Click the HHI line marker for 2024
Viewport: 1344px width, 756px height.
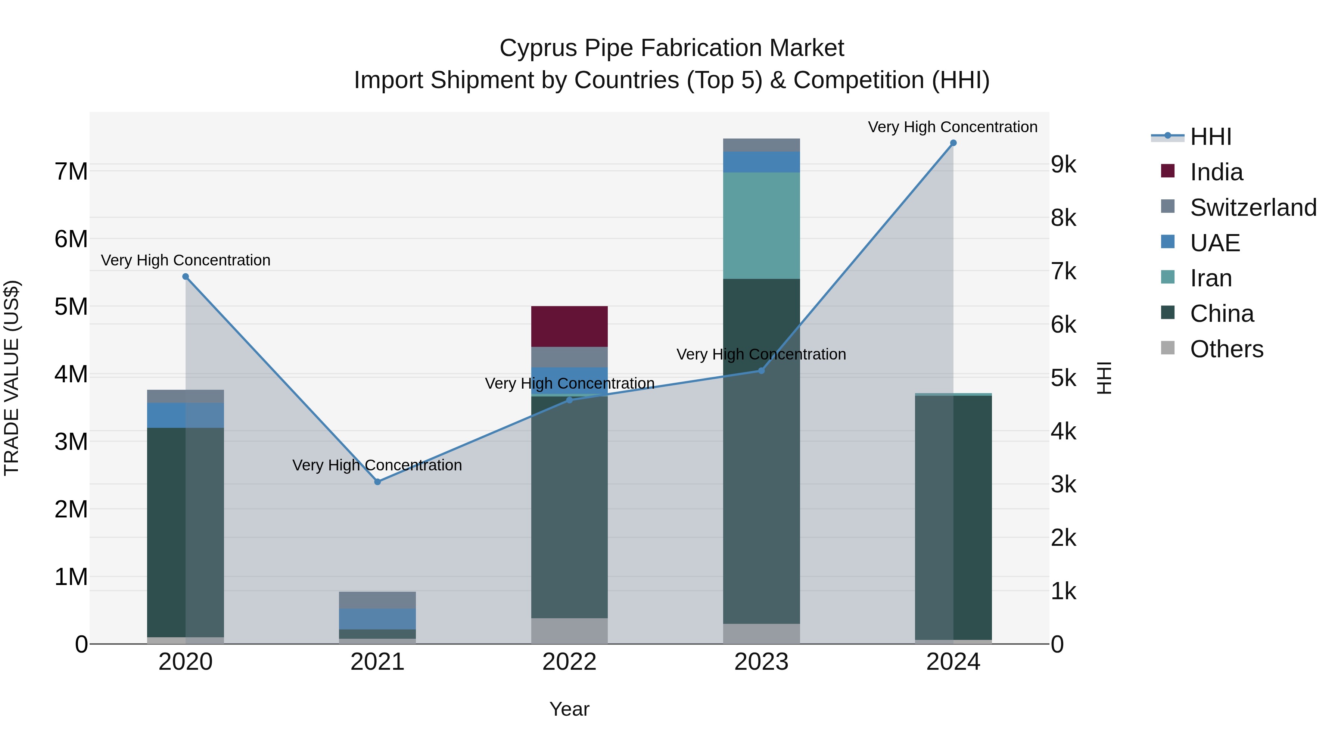pyautogui.click(x=953, y=143)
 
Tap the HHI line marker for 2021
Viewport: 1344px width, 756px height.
pyautogui.click(x=378, y=482)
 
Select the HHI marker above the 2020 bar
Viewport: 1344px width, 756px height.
pyautogui.click(x=186, y=277)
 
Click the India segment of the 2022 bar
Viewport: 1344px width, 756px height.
pyautogui.click(x=569, y=327)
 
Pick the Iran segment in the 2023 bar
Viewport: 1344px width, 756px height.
pyautogui.click(x=761, y=226)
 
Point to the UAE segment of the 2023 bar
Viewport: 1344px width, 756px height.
pyautogui.click(x=761, y=162)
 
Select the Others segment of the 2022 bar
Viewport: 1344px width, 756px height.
pyautogui.click(x=569, y=631)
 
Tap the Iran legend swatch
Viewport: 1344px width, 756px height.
pyautogui.click(x=1168, y=277)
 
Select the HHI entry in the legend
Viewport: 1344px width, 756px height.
pyautogui.click(x=1192, y=137)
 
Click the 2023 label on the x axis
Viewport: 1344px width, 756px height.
pyautogui.click(x=761, y=662)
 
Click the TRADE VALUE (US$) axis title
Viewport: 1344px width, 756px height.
pyautogui.click(x=12, y=378)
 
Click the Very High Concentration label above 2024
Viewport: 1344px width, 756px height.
pyautogui.click(x=953, y=127)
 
